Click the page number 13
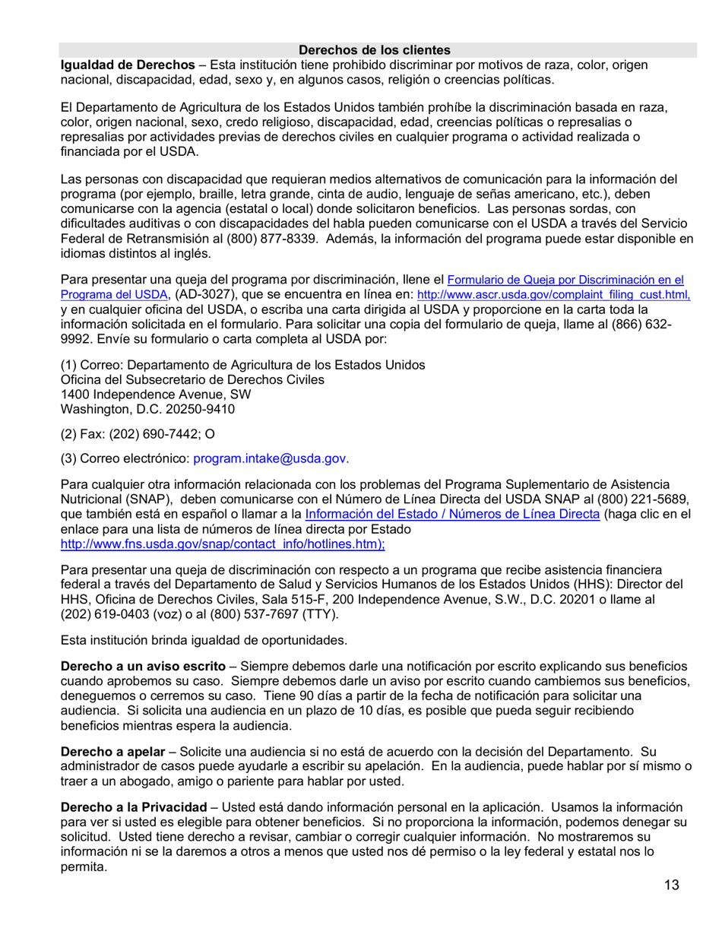(x=671, y=884)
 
